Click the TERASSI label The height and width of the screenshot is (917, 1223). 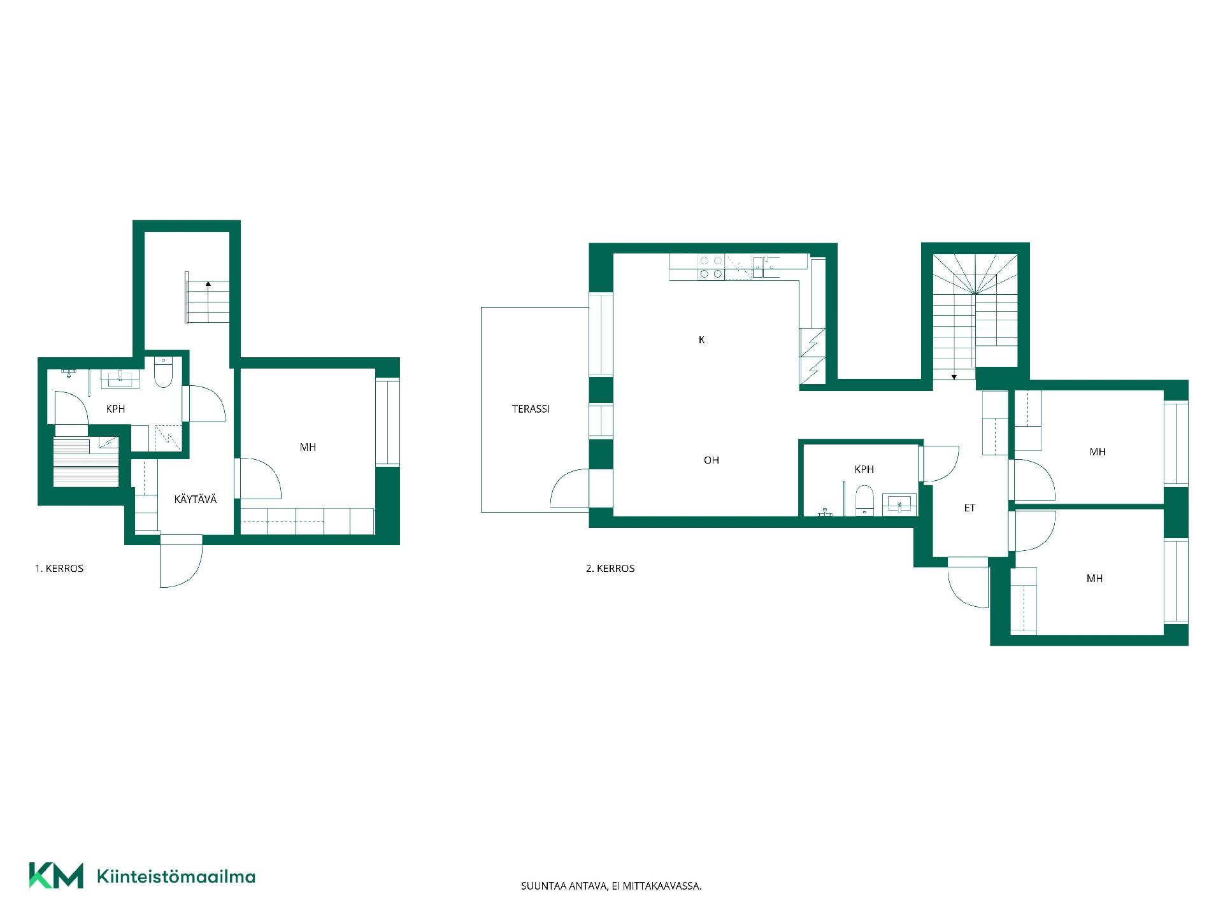point(531,409)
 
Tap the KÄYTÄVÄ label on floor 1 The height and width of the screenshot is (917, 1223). point(196,499)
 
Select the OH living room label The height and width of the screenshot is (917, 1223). point(712,460)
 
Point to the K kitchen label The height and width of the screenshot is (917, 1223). point(701,340)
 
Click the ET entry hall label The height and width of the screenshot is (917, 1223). point(969,508)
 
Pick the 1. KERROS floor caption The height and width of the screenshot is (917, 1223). point(59,568)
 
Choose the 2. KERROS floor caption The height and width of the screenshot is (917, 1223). point(610,568)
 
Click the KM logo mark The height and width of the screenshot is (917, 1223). point(56,876)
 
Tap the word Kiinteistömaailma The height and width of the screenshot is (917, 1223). point(176,876)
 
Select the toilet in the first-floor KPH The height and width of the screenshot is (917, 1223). point(164,373)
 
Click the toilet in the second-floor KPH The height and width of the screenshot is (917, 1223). point(864,499)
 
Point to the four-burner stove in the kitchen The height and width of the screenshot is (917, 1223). point(711,267)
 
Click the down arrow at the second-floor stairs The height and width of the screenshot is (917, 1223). point(954,377)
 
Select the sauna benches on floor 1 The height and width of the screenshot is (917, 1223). point(86,462)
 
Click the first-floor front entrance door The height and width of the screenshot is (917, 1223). point(182,562)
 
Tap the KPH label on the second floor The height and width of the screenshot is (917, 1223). point(864,469)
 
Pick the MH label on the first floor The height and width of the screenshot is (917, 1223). point(308,447)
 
